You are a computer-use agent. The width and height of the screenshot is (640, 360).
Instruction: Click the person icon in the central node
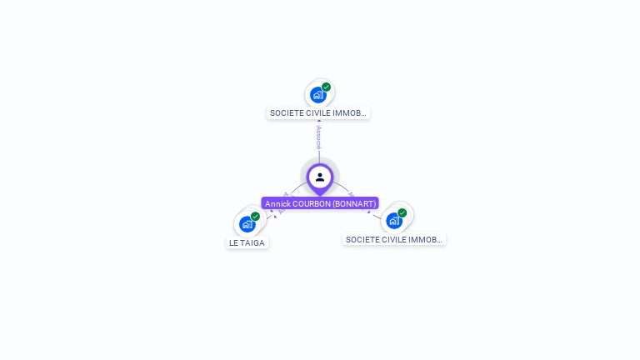320,177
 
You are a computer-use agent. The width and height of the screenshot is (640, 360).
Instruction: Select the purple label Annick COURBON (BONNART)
321,203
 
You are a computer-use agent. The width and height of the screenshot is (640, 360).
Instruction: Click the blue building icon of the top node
317,95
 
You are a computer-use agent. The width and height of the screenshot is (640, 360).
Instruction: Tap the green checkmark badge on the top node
327,87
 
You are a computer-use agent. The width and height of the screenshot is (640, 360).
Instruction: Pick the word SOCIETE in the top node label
285,112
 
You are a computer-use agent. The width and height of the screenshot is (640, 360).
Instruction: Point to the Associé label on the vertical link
319,137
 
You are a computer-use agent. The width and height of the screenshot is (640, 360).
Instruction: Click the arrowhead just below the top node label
319,122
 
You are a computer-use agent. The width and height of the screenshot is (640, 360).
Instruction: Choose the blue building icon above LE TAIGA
247,224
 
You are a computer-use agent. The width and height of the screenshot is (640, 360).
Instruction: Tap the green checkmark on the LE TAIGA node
256,216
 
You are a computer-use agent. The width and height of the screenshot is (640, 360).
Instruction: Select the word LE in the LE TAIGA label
234,243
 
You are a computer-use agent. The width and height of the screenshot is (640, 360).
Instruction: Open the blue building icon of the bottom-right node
393,221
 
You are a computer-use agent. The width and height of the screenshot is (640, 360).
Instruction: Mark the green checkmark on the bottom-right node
402,212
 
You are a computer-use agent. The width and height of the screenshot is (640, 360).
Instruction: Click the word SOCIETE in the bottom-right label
361,239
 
